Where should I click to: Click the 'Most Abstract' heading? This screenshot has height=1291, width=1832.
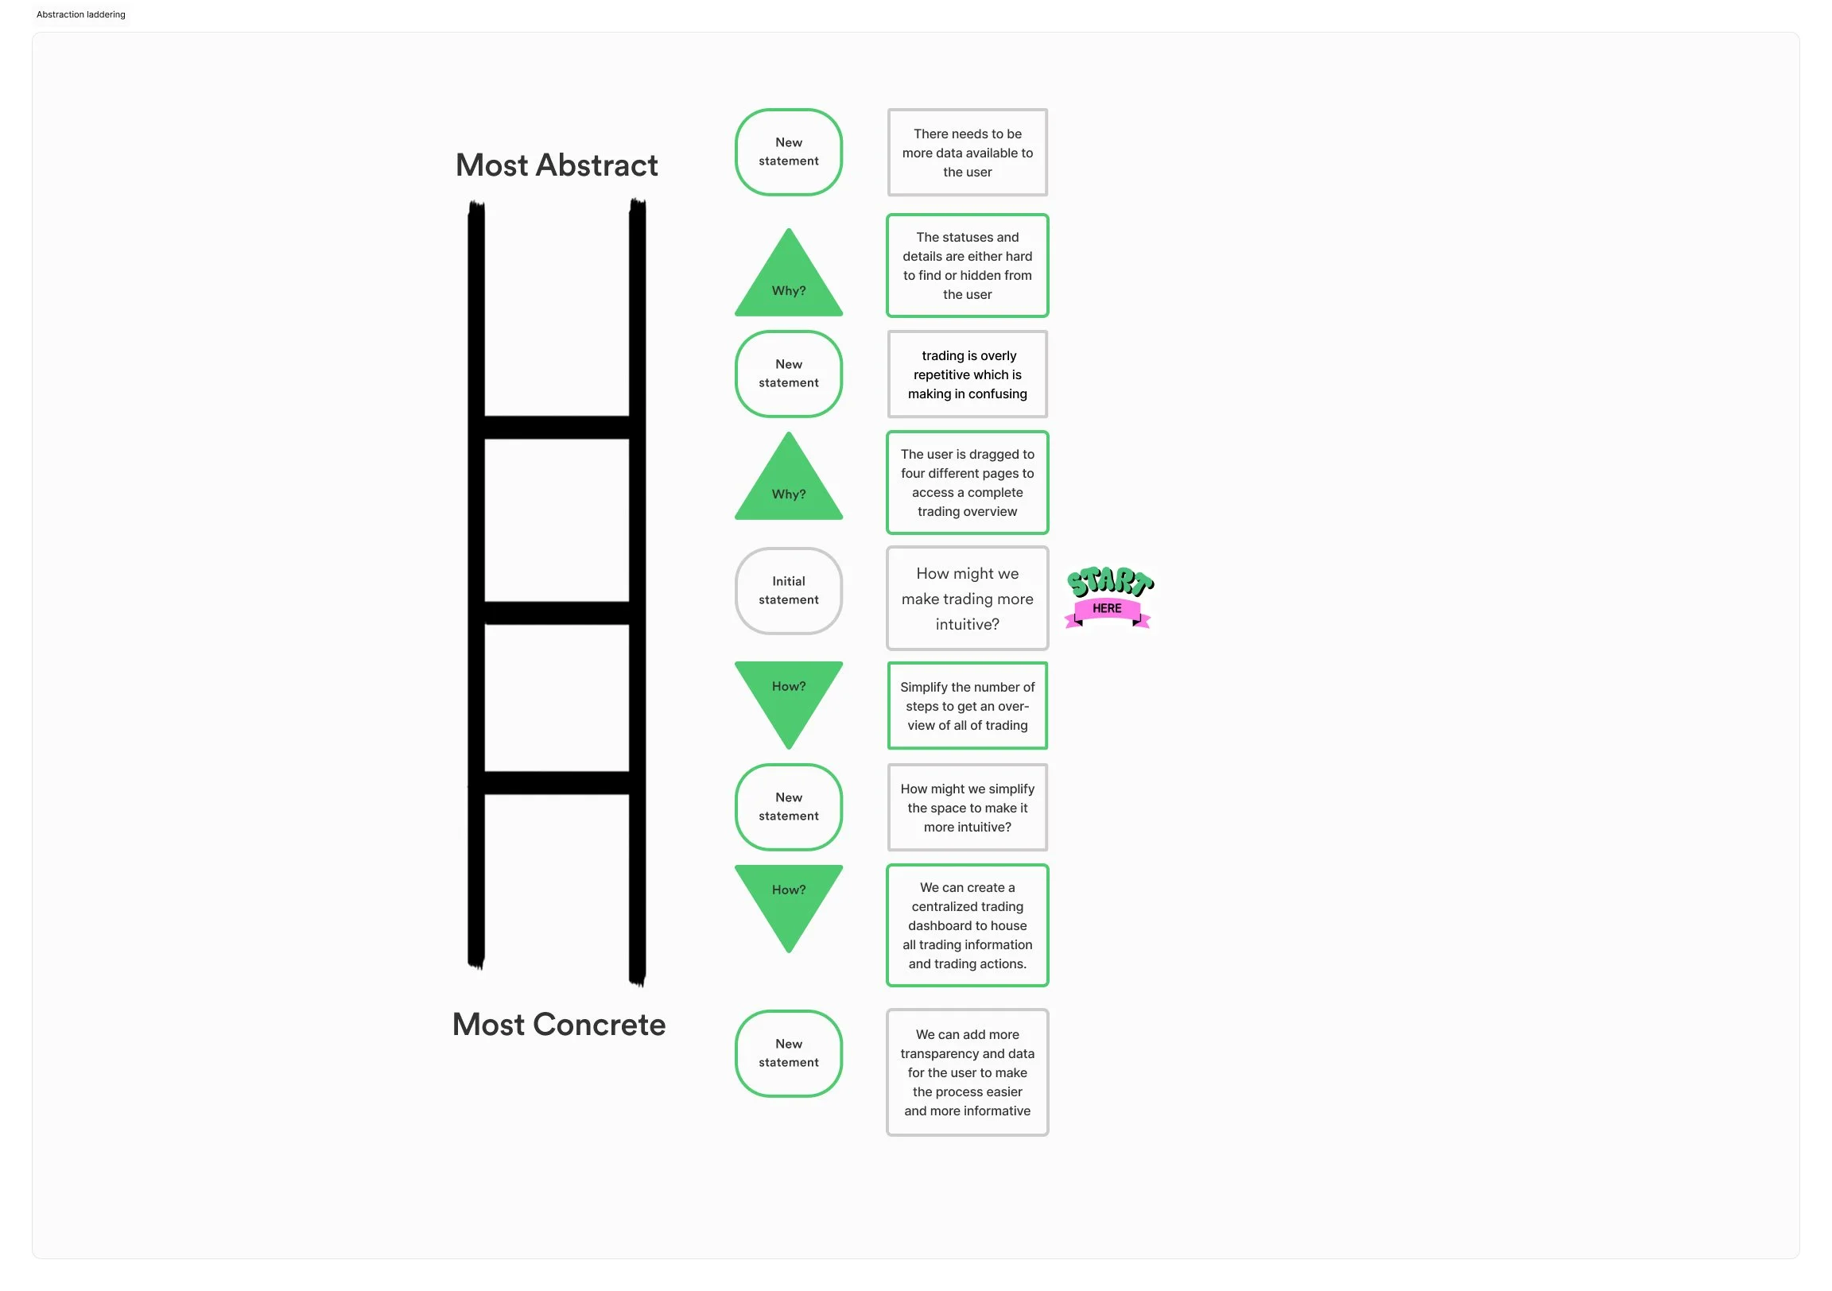(x=556, y=165)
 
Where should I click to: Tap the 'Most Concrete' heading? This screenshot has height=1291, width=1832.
(x=558, y=1025)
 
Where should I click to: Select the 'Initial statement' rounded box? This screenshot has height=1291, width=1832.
(x=788, y=591)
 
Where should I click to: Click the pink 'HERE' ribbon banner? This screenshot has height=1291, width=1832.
(x=1107, y=609)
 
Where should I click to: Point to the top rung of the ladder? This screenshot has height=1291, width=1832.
(x=556, y=427)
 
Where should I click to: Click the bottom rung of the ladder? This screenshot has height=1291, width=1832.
(x=556, y=783)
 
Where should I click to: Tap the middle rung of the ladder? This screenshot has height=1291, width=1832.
(x=556, y=613)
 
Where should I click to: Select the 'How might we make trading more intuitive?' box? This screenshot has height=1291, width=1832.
(x=967, y=599)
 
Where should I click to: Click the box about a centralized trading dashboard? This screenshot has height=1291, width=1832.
(x=967, y=925)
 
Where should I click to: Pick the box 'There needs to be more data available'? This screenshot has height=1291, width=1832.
(x=967, y=153)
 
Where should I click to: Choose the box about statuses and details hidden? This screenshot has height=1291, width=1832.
(x=967, y=266)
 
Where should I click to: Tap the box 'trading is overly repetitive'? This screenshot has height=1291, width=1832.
(x=967, y=374)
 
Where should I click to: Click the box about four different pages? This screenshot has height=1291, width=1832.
(x=967, y=483)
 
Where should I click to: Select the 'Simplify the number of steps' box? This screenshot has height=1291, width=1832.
(x=967, y=706)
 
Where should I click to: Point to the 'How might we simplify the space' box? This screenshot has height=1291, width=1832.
(x=967, y=808)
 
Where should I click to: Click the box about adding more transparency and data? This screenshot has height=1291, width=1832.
(x=967, y=1072)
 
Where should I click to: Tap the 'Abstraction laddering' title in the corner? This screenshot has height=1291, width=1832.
(x=80, y=14)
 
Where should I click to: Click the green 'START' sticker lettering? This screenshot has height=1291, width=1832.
(x=1109, y=582)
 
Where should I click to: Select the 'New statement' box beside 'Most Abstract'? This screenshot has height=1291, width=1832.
(x=788, y=152)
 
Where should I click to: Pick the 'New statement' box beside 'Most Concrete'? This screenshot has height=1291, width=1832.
(x=788, y=1053)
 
